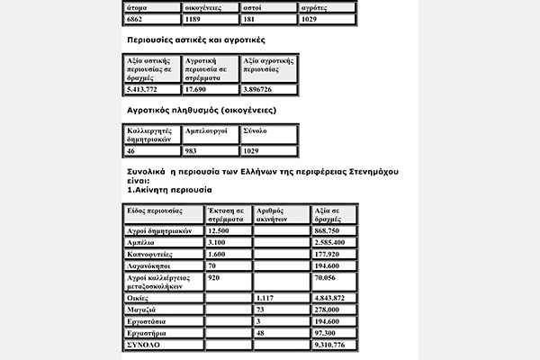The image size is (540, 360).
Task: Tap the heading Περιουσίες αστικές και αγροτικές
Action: [x=196, y=41]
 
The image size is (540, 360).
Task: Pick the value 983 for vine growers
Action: [x=193, y=150]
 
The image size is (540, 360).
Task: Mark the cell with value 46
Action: [x=132, y=150]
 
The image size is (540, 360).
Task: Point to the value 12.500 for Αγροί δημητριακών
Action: [x=219, y=230]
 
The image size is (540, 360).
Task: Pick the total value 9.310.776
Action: [x=330, y=344]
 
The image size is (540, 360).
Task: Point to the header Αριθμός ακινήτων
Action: [x=275, y=215]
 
